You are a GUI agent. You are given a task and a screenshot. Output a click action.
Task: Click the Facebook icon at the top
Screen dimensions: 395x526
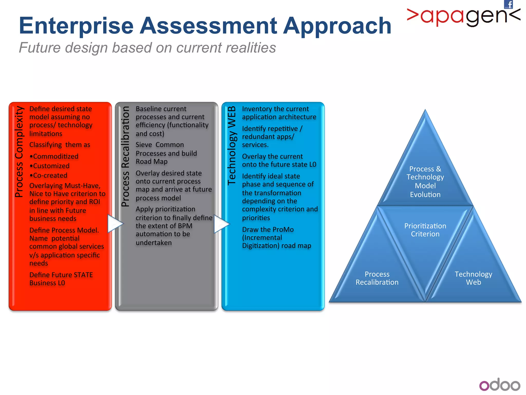509,4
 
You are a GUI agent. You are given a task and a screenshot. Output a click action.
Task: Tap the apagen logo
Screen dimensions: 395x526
464,17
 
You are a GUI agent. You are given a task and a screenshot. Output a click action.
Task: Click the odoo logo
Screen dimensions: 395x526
500,385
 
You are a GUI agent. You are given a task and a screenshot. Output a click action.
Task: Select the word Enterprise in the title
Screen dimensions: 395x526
76,26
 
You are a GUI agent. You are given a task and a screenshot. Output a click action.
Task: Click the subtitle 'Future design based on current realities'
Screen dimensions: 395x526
147,48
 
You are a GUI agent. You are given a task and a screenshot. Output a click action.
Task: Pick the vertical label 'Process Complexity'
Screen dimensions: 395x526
19,152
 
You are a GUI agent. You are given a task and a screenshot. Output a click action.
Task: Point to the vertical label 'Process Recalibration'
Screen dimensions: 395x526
125,156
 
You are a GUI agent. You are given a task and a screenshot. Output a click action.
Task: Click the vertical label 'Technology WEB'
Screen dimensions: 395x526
232,146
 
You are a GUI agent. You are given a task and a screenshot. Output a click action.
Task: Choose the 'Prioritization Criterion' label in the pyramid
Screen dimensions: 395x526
425,230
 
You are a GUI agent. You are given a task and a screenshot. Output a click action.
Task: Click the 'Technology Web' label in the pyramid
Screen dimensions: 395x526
473,278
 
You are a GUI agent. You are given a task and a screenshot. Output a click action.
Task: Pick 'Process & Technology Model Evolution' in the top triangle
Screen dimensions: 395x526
425,182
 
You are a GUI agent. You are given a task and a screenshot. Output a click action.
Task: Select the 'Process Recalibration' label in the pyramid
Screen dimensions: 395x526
377,278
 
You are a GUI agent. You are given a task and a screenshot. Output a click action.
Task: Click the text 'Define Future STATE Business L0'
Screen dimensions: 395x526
61,279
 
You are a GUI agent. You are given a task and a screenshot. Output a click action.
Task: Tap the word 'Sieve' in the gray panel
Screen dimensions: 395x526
144,145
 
